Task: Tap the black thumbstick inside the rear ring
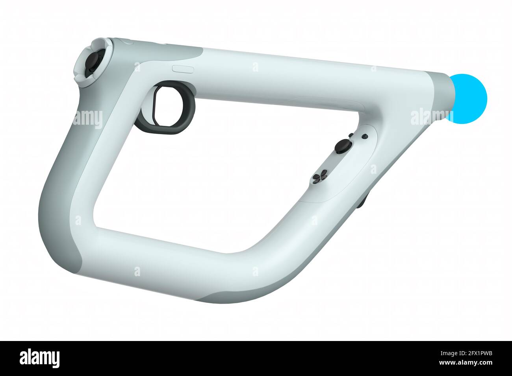[x=93, y=62]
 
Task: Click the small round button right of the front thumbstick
[x=365, y=136]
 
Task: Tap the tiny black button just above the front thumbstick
[x=350, y=135]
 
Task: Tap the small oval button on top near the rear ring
[x=183, y=68]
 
